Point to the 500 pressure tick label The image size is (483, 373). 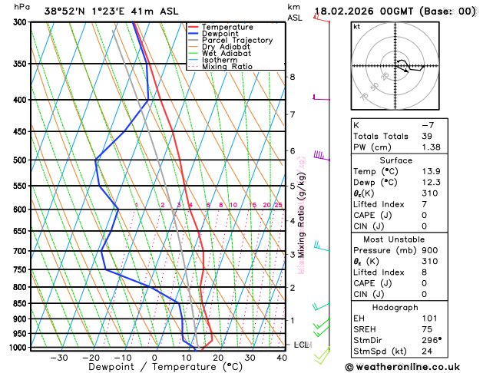click(x=20, y=160)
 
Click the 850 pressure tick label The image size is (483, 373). click(x=20, y=304)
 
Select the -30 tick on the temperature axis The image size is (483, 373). click(x=59, y=358)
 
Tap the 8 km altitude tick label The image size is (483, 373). click(x=292, y=77)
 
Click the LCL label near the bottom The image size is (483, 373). click(x=301, y=345)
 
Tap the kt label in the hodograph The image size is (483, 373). click(x=356, y=26)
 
